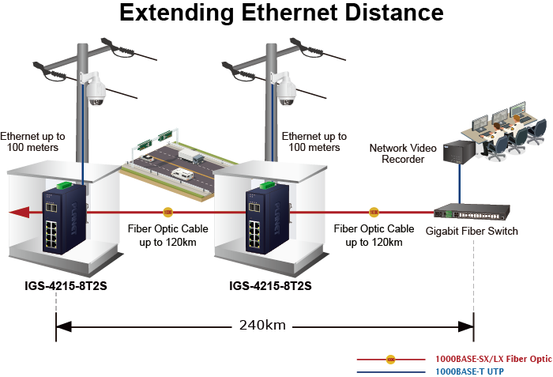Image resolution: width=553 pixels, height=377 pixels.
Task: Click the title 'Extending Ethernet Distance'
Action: (280, 14)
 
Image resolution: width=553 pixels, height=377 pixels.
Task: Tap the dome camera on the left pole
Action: (96, 89)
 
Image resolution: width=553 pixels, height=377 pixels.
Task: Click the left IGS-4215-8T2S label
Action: (66, 285)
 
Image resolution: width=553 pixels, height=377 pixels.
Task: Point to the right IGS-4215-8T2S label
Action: (270, 285)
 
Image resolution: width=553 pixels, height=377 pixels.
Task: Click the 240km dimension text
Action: (262, 325)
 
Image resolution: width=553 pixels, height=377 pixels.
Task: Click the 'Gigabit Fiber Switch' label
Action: (472, 231)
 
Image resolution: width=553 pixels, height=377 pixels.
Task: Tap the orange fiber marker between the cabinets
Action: (167, 212)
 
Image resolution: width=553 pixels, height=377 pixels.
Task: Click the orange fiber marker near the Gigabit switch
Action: (374, 212)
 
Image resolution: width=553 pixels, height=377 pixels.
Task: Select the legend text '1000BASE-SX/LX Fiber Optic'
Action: (493, 359)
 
